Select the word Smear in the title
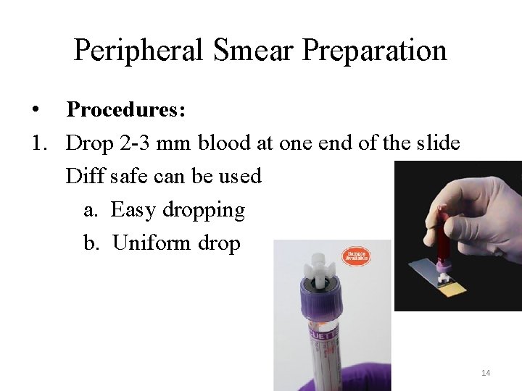tap(254, 51)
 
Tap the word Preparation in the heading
tap(375, 51)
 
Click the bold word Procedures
tap(126, 110)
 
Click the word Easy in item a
tap(133, 210)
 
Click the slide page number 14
tap(486, 373)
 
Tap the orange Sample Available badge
tap(356, 256)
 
